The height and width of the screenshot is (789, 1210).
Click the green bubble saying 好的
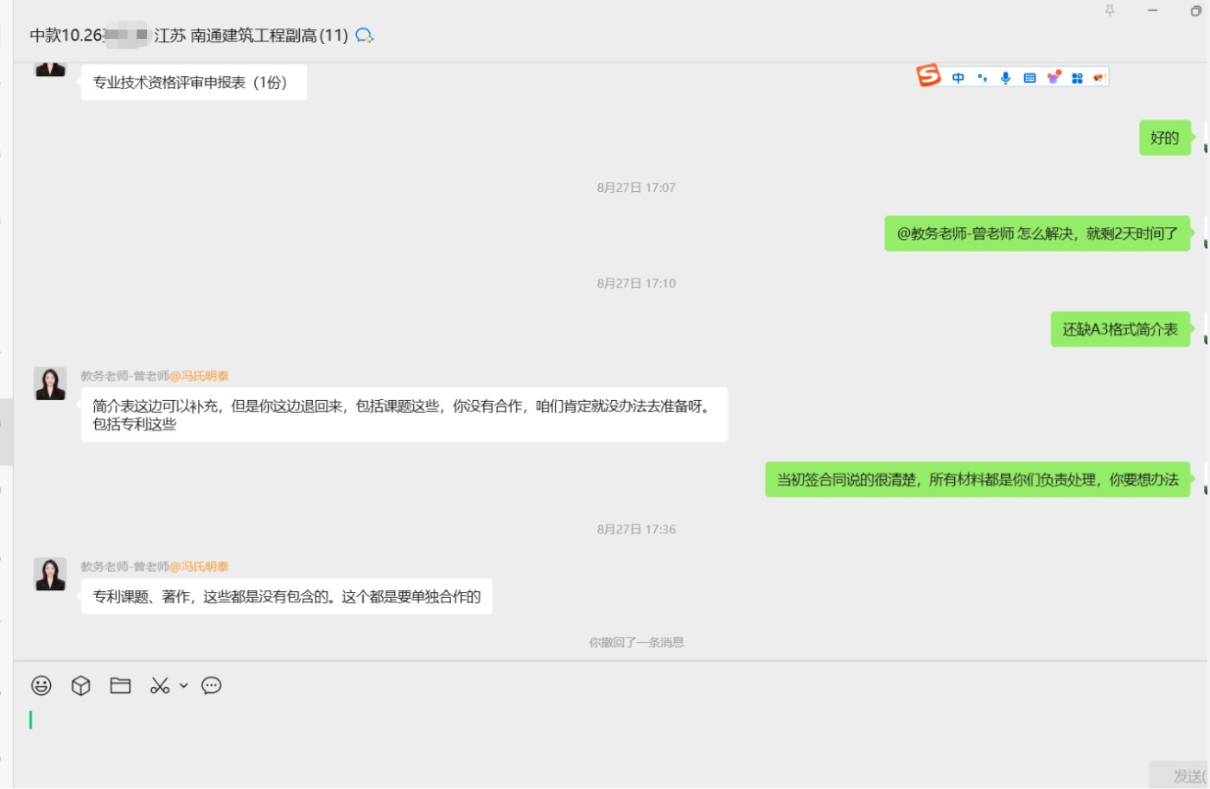click(1164, 138)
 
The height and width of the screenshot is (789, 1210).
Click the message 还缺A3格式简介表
click(1119, 329)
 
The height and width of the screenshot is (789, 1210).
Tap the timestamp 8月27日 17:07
click(636, 188)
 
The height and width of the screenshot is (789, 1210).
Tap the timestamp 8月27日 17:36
click(636, 529)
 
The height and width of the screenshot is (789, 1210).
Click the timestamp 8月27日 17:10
click(636, 283)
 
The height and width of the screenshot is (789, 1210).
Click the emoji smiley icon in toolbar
click(41, 685)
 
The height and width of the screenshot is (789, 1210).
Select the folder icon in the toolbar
click(120, 685)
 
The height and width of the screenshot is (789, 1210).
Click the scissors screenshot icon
click(160, 685)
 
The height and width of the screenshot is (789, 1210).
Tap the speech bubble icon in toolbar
click(212, 685)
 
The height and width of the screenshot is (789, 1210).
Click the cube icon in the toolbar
click(80, 685)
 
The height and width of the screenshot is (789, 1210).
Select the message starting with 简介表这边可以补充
click(404, 415)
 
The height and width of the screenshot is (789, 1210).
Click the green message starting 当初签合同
click(977, 480)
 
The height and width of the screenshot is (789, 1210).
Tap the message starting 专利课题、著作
click(286, 596)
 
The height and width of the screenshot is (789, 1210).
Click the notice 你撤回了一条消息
click(636, 642)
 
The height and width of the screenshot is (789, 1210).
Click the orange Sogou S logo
click(928, 76)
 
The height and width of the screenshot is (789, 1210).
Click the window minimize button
click(1152, 10)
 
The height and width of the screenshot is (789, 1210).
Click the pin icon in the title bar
click(1110, 10)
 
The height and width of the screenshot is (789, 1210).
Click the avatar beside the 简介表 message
click(50, 384)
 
